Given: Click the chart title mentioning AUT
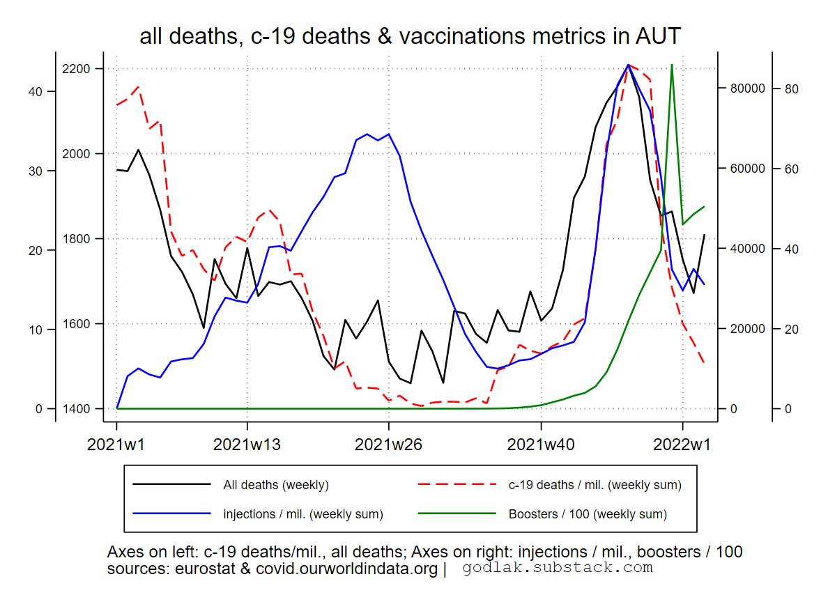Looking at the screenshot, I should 410,36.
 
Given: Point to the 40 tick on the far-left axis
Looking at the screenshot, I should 35,91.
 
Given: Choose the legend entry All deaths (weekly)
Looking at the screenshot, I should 275,485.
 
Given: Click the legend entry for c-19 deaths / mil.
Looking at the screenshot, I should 595,485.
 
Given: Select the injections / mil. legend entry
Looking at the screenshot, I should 302,515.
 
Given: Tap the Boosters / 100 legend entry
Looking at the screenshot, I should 588,515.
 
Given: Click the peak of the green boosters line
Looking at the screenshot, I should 671,65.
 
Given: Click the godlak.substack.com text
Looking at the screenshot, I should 558,568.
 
